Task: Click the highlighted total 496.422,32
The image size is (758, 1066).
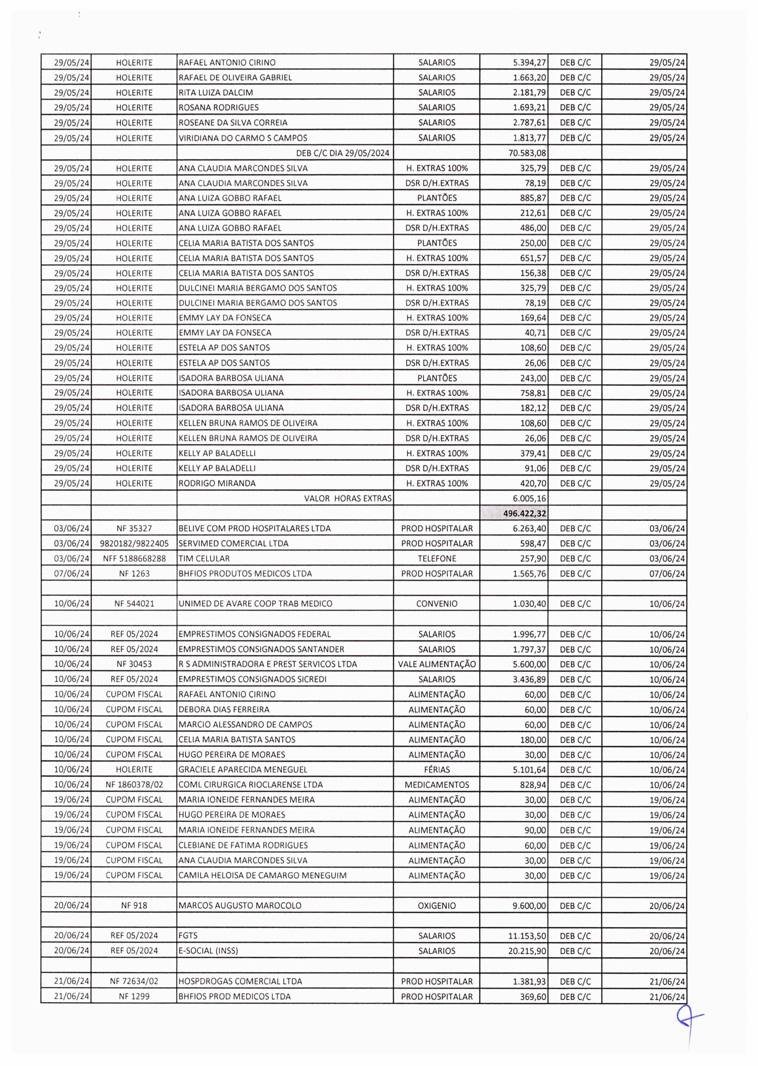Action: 525,513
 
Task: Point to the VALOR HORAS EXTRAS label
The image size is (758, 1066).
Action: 347,498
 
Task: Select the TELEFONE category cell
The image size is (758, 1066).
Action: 436,558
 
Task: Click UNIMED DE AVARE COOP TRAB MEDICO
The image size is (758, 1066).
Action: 255,603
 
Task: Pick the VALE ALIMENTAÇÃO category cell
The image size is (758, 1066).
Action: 436,664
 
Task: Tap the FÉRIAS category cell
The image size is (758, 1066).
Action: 436,770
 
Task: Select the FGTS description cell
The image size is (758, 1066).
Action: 188,935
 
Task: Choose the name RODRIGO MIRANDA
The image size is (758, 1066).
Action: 217,483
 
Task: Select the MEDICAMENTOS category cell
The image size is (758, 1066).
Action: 436,784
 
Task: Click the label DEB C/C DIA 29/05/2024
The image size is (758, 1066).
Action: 343,152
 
